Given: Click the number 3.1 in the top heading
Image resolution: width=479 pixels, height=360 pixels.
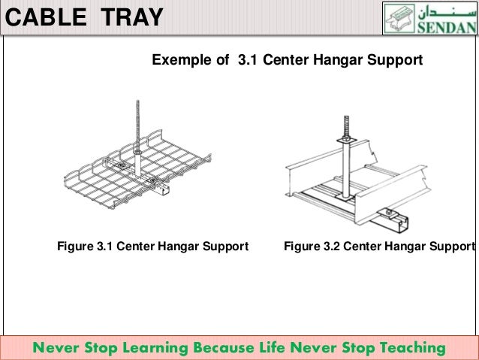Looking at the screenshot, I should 248,59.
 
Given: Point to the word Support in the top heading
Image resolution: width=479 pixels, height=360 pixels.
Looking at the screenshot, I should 397,59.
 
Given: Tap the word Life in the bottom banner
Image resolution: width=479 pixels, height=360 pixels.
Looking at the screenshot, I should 274,348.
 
